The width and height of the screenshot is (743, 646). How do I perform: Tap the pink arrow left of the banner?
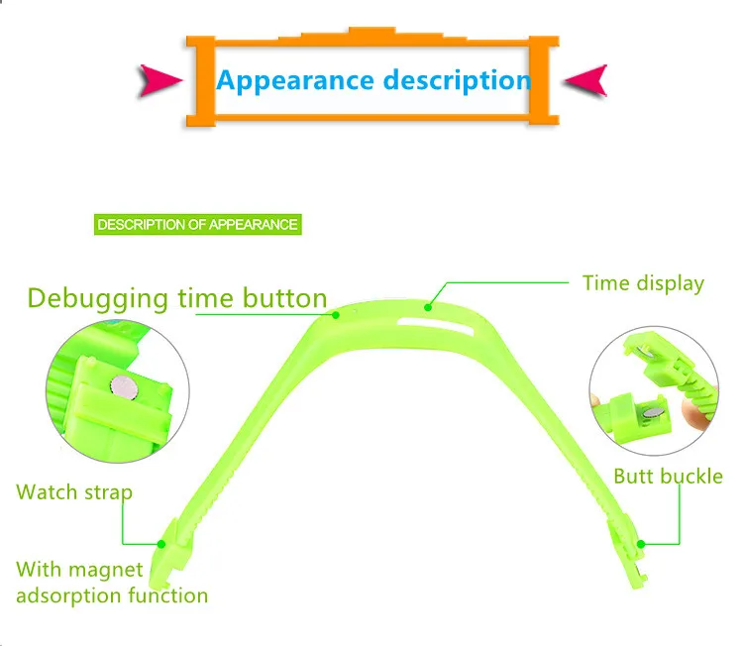(161, 79)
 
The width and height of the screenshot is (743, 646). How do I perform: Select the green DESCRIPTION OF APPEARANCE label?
(197, 225)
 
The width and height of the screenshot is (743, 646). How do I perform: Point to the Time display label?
(643, 283)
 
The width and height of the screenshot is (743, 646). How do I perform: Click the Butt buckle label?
(668, 477)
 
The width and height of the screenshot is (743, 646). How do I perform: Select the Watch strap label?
(74, 492)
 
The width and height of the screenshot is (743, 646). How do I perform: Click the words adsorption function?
(112, 595)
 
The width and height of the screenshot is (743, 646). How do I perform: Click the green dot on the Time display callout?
(429, 306)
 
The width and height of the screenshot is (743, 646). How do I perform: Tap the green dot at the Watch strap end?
(160, 543)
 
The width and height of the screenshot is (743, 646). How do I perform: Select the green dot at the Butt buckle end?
(641, 543)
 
